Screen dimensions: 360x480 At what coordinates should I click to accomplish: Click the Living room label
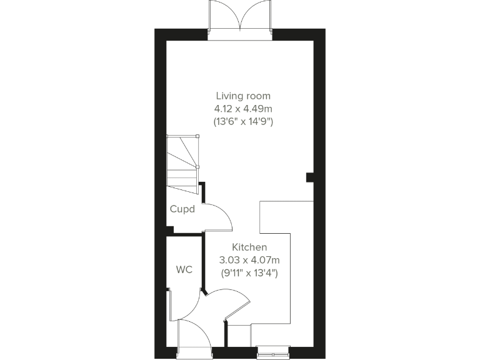pos(243,96)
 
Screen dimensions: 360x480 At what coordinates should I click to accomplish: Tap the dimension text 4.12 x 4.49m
pos(243,109)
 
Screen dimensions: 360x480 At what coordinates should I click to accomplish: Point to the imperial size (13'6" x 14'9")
pos(243,122)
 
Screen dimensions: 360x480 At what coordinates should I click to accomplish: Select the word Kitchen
pos(249,247)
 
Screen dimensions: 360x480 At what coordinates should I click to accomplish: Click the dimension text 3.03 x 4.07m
pos(249,260)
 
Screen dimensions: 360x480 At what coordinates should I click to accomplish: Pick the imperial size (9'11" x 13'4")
pos(249,273)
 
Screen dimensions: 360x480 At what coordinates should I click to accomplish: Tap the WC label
pos(184,270)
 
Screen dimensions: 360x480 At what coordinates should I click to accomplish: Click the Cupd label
pos(182,209)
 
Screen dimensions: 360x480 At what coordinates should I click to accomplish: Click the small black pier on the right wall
pos(309,177)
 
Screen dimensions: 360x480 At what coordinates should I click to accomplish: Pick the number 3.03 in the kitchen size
pos(229,260)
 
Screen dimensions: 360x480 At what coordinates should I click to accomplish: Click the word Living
pos(228,96)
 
